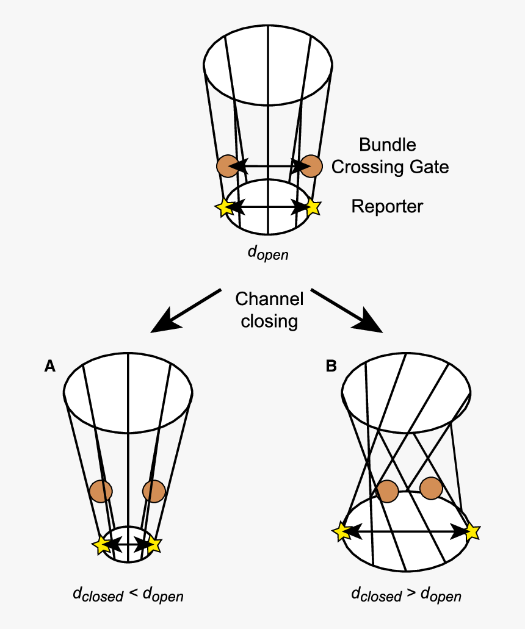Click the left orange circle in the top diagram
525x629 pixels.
(226, 165)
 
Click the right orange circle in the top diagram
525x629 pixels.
(311, 165)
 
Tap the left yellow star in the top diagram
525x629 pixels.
(224, 207)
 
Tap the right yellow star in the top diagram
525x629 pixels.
(313, 207)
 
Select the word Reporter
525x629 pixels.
(386, 207)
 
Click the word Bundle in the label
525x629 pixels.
(387, 145)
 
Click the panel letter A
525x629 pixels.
(50, 365)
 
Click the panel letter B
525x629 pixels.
(331, 365)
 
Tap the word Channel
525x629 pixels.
(269, 299)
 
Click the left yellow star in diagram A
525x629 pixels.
(102, 544)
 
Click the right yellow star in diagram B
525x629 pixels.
(472, 532)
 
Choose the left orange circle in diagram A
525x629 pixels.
(101, 491)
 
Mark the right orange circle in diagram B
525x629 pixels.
(432, 488)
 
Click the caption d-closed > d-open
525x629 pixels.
(406, 594)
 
